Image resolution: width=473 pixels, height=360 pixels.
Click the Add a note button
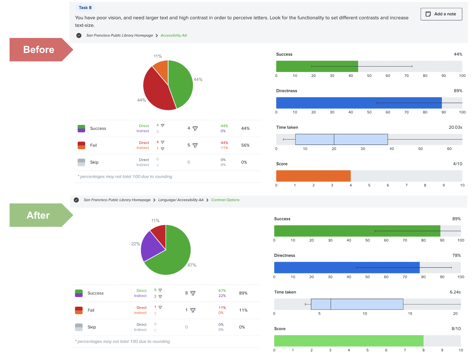[441, 14]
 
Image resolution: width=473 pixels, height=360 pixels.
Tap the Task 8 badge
[85, 8]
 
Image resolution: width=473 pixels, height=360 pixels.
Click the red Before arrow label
[39, 50]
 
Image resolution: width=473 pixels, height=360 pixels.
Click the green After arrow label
[38, 215]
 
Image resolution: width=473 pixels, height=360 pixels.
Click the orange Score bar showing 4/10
[313, 176]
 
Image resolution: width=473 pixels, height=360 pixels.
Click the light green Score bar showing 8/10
[348, 341]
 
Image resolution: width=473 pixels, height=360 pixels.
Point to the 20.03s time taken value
[455, 127]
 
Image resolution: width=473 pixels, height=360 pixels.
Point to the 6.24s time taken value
[455, 292]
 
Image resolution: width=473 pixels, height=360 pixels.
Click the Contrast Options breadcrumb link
[225, 200]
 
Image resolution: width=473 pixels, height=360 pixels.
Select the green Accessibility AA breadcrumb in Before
[174, 35]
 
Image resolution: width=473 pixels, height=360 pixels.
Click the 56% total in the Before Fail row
[245, 145]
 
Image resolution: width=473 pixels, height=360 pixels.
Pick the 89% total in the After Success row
[243, 293]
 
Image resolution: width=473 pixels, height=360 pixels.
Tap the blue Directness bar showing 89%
[359, 103]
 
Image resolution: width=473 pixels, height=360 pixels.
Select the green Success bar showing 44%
[317, 66]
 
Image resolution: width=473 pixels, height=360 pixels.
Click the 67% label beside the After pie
[192, 265]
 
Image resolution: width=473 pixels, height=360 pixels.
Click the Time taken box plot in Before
[341, 139]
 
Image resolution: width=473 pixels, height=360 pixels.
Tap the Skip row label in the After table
[92, 327]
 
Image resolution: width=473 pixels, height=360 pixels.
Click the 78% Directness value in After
[456, 256]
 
